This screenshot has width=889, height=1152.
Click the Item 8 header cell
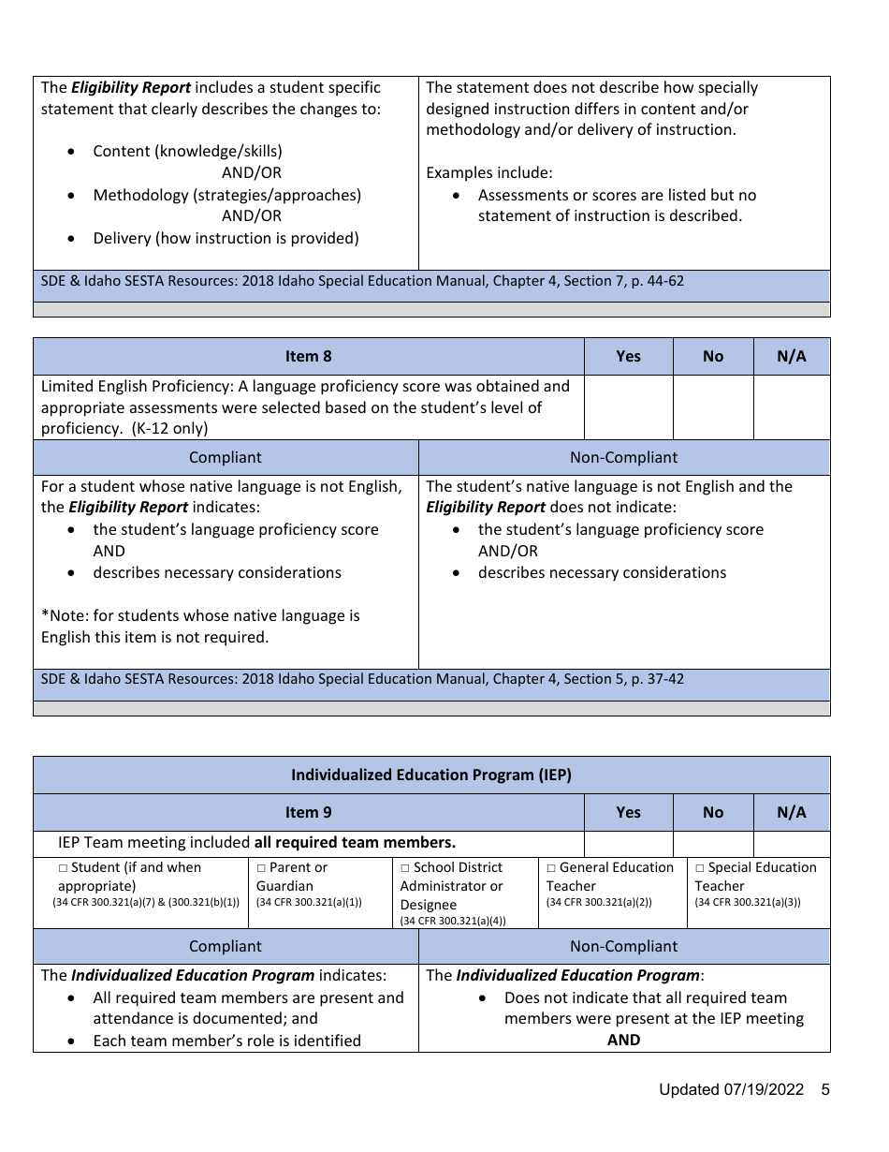(x=308, y=356)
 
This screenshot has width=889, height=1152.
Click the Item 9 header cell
(x=308, y=812)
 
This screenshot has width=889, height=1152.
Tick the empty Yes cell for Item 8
(x=628, y=407)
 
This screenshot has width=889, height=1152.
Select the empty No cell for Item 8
(x=712, y=407)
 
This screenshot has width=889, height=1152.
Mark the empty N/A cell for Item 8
(x=791, y=407)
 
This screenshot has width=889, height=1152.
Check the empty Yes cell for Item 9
(x=628, y=843)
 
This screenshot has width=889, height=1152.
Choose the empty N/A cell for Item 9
(x=791, y=843)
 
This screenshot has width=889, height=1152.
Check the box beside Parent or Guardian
(x=261, y=868)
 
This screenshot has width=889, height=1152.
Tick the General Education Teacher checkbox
(x=551, y=868)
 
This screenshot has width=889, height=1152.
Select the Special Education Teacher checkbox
(x=700, y=868)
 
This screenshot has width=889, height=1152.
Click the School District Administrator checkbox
(x=405, y=868)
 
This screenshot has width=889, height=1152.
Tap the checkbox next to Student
(x=63, y=868)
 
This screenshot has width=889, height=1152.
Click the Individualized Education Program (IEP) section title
(x=430, y=775)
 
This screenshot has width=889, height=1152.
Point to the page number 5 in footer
(x=825, y=1089)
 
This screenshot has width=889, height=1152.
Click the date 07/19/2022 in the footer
(x=764, y=1089)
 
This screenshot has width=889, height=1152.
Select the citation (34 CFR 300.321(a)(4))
(x=453, y=921)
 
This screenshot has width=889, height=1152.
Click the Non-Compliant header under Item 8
(x=623, y=457)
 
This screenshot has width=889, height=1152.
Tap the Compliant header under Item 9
(x=226, y=946)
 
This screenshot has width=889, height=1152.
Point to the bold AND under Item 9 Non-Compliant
(x=623, y=1040)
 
